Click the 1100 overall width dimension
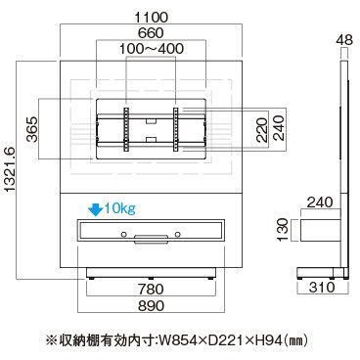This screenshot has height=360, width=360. click(152, 17)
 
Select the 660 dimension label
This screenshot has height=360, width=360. click(151, 33)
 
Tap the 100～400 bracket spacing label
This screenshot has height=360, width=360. click(152, 49)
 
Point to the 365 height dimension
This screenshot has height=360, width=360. click(32, 129)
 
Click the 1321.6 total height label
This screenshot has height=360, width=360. click(10, 169)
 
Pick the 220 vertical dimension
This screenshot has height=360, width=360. click(261, 130)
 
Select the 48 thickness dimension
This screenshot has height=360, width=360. click(344, 40)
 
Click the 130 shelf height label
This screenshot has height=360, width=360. click(283, 230)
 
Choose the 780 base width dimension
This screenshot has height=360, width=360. click(151, 290)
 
